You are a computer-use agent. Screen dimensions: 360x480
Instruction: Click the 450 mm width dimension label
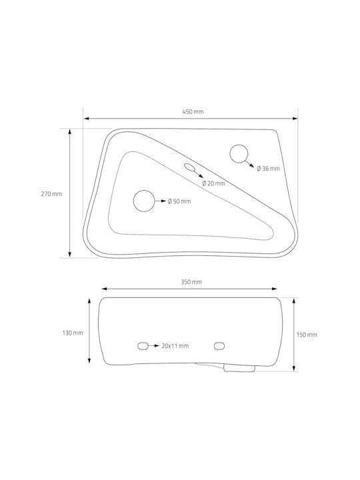pyautogui.click(x=193, y=112)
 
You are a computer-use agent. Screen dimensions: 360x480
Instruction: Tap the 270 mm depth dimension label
pyautogui.click(x=51, y=194)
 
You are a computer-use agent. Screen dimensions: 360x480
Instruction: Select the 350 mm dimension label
pyautogui.click(x=191, y=282)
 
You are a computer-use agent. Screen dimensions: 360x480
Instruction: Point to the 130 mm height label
pyautogui.click(x=73, y=333)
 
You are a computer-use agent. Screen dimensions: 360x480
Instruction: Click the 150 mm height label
pyautogui.click(x=307, y=335)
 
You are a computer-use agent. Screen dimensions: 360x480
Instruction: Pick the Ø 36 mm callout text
pyautogui.click(x=268, y=169)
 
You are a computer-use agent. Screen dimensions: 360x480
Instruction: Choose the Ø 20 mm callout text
pyautogui.click(x=214, y=183)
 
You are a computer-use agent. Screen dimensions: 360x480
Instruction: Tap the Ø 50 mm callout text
pyautogui.click(x=179, y=201)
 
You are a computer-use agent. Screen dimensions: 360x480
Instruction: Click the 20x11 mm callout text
pyautogui.click(x=175, y=346)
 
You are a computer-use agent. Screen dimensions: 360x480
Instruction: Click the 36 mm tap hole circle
pyautogui.click(x=239, y=145)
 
